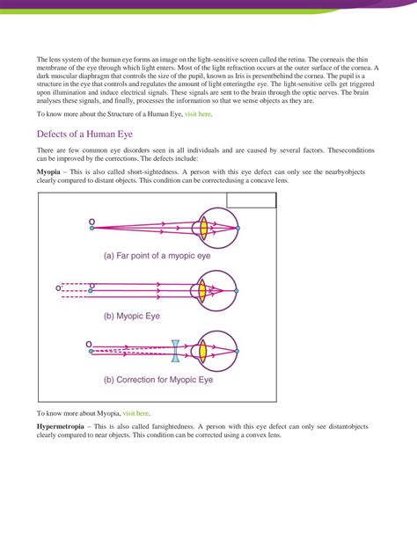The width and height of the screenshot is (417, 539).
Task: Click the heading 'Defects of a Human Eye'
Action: point(91,135)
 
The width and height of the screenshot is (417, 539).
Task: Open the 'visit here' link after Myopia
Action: point(136,412)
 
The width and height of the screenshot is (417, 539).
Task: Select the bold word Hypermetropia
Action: point(61,426)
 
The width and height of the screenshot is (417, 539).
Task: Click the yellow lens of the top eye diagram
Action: point(204,227)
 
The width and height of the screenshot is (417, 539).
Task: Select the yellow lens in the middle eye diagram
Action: point(204,288)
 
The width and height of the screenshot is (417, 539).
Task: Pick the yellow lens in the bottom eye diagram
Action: point(204,349)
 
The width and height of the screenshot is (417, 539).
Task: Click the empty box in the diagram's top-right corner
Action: point(252,200)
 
